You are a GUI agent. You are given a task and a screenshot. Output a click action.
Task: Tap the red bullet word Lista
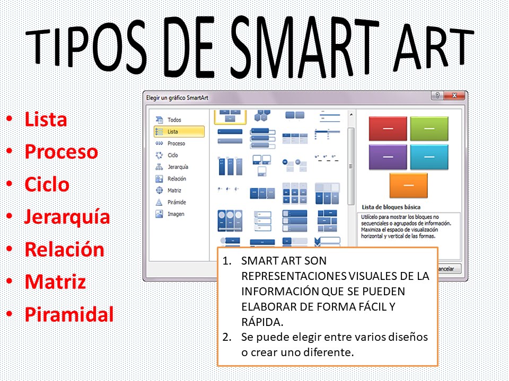(46, 119)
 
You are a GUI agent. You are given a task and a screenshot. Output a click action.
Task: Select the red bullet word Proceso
(61, 152)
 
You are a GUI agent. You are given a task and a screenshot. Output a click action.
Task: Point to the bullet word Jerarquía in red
(67, 217)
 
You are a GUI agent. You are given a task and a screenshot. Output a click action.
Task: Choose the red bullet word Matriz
(55, 282)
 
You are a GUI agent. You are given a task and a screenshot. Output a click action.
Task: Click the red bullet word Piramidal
(69, 315)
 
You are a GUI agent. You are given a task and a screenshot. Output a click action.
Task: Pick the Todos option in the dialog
(174, 120)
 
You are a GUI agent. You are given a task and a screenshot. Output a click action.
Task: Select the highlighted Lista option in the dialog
(173, 132)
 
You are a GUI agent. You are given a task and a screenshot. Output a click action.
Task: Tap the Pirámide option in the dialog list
(177, 202)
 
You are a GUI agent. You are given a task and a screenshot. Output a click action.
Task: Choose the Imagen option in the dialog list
(175, 214)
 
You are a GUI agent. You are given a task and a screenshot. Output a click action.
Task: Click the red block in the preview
(388, 129)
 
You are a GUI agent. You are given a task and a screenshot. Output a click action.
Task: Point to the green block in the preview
(429, 129)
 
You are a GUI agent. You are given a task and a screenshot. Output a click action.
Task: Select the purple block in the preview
(388, 157)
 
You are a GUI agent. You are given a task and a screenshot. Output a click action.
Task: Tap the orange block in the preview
(408, 185)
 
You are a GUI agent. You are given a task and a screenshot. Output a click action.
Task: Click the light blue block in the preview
(429, 157)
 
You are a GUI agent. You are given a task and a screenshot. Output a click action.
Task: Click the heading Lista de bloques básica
(391, 207)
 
